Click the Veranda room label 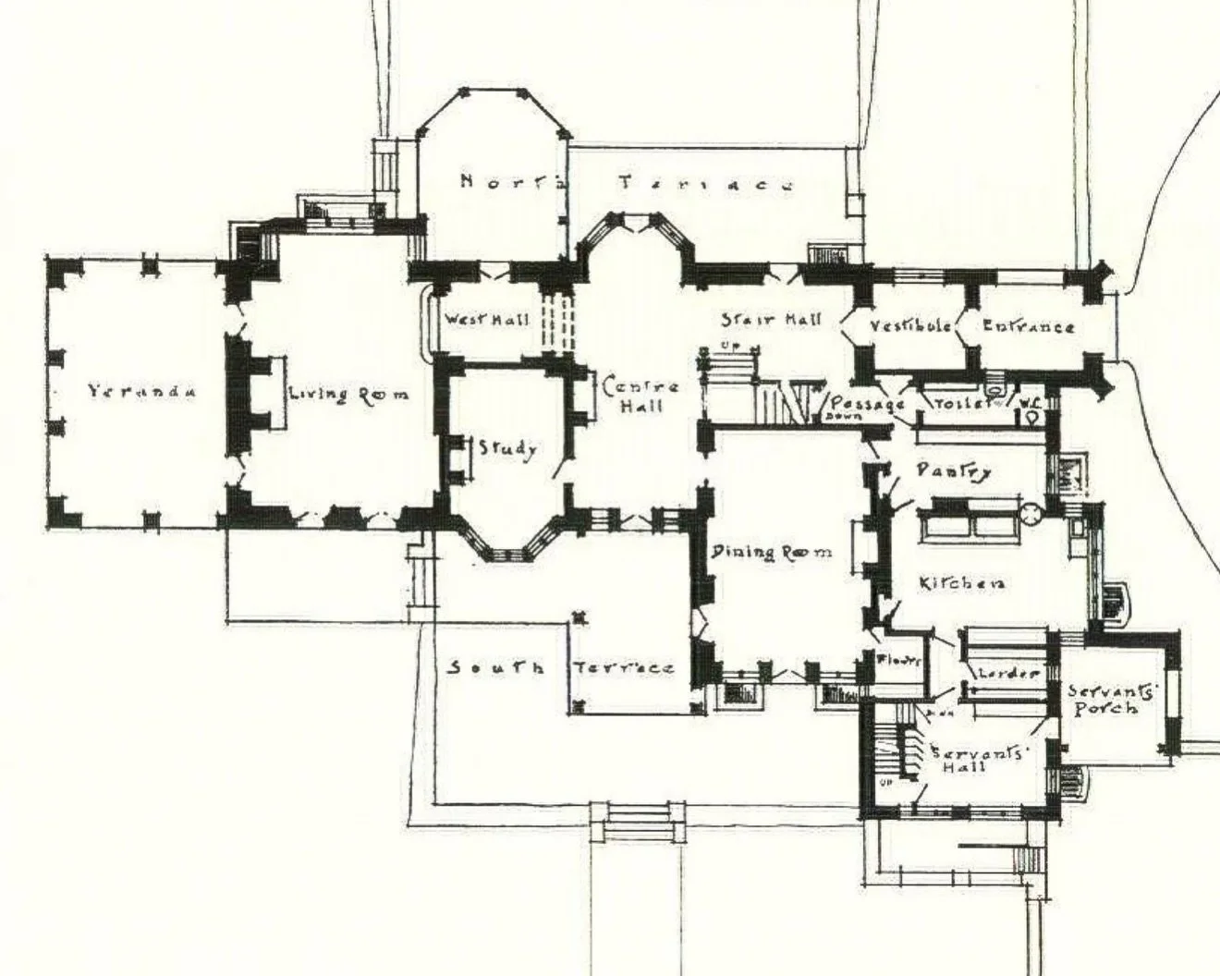click(x=142, y=391)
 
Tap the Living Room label click(x=348, y=395)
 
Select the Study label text click(x=506, y=449)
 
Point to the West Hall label click(x=487, y=320)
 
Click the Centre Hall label click(x=641, y=396)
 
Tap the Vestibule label click(x=910, y=325)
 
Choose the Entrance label click(x=1028, y=325)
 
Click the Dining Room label click(x=771, y=552)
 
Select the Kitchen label click(x=961, y=583)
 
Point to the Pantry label click(x=954, y=470)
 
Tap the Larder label click(x=1008, y=673)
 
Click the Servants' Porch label click(x=1101, y=700)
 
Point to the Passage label click(x=867, y=404)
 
